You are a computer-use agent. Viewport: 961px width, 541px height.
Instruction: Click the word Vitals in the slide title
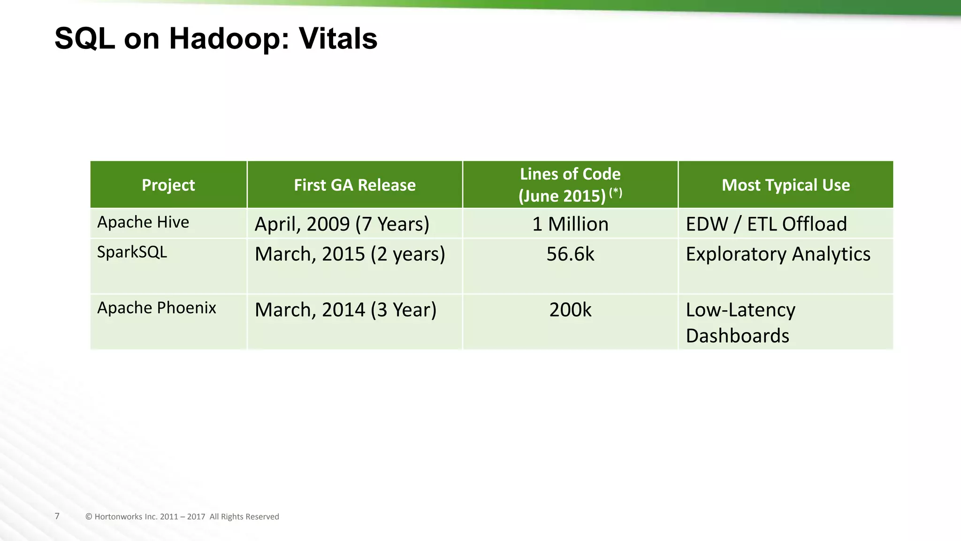pos(338,39)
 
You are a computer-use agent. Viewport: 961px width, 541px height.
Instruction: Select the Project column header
pos(168,185)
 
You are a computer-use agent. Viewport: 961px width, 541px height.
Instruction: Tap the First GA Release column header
pos(355,185)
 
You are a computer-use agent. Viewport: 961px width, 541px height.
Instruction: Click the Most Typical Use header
pos(786,185)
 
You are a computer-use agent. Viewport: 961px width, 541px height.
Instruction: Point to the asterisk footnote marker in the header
pos(616,192)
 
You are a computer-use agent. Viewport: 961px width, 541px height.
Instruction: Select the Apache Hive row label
pos(143,222)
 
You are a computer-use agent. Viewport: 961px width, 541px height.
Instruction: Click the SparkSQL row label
pos(132,252)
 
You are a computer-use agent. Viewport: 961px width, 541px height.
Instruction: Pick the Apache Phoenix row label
pos(157,308)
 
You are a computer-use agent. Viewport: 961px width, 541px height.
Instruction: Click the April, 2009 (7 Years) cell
pos(342,224)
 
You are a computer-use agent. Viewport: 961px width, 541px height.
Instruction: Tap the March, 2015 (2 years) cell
pos(350,254)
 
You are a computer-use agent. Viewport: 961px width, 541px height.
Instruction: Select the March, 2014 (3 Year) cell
pos(345,310)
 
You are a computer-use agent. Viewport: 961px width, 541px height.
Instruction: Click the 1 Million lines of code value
pos(570,224)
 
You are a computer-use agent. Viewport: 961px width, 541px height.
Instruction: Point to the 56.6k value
pos(570,254)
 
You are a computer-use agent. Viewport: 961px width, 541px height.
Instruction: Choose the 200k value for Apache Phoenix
pos(570,310)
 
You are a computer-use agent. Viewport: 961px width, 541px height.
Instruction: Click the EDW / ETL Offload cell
pos(766,224)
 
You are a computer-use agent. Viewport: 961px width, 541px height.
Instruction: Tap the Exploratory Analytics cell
pos(778,254)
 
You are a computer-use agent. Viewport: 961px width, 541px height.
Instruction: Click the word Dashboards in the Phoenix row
pos(737,336)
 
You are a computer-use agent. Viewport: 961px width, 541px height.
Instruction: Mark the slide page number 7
pos(57,516)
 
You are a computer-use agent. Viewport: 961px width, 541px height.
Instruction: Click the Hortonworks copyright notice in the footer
pos(182,517)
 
